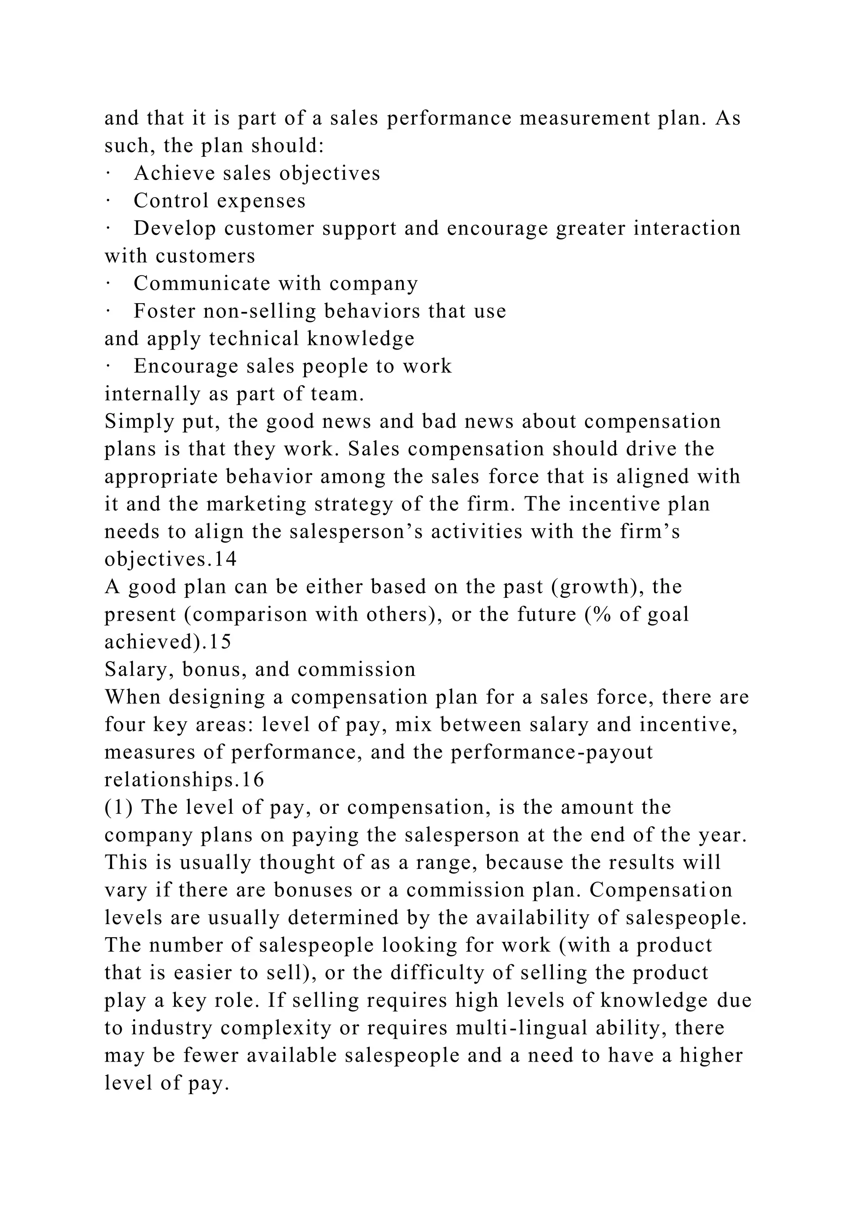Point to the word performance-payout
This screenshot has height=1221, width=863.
tap(552, 753)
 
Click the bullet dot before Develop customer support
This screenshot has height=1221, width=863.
tap(107, 229)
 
